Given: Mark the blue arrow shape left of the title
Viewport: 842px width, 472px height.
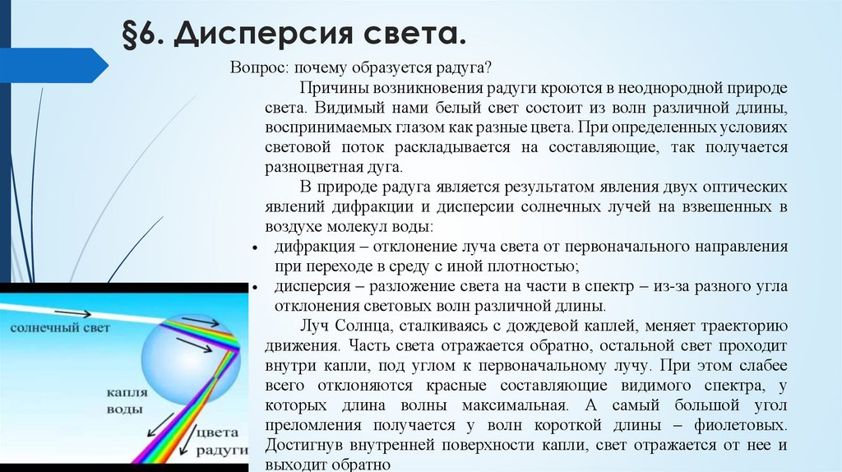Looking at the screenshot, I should [53, 64].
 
